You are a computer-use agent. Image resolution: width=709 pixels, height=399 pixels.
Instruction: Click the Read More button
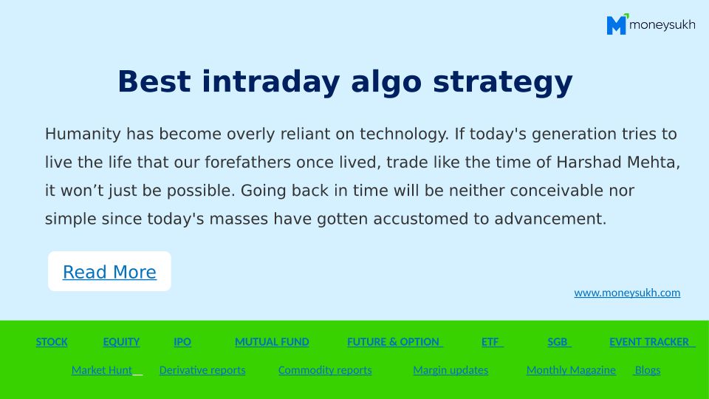click(x=109, y=271)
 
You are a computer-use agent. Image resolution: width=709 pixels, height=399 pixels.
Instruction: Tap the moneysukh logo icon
click(x=617, y=24)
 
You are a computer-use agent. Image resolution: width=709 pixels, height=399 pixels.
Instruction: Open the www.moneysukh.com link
click(x=627, y=293)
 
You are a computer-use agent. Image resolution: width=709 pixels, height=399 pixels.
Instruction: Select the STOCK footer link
click(x=52, y=342)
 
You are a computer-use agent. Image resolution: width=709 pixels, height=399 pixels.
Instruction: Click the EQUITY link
click(x=121, y=342)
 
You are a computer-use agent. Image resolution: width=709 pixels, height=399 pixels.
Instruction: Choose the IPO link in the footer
click(x=182, y=342)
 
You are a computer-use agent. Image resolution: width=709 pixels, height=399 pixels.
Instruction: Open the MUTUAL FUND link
click(x=273, y=342)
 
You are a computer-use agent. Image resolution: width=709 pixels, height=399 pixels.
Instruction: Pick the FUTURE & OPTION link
click(x=394, y=342)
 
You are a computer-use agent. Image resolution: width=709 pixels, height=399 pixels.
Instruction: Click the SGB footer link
click(x=559, y=342)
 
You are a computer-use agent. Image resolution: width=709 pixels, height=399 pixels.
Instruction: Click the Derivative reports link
click(x=202, y=370)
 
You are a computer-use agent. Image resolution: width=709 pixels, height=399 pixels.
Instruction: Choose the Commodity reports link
click(x=325, y=370)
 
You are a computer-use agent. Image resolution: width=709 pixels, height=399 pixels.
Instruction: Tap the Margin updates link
click(x=451, y=370)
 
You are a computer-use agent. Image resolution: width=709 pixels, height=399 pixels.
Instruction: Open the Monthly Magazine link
click(x=571, y=370)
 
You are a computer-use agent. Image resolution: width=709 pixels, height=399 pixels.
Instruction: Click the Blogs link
click(x=648, y=370)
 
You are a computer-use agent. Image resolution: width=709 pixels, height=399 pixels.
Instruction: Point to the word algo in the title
click(x=386, y=83)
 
